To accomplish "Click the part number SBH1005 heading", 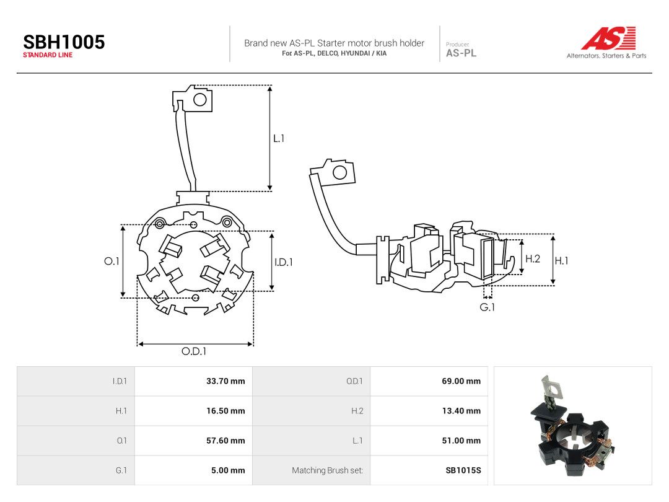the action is pyautogui.click(x=64, y=42).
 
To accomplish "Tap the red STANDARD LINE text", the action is pyautogui.click(x=48, y=55).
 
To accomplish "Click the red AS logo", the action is pyautogui.click(x=608, y=38).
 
